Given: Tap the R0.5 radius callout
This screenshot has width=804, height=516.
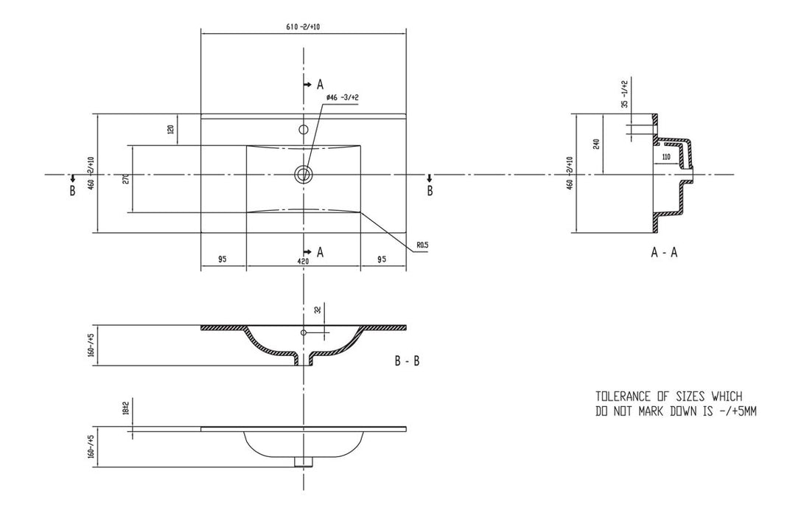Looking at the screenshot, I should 422,244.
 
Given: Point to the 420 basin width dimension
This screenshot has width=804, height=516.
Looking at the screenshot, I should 303,260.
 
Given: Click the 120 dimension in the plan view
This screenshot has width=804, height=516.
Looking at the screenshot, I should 171,130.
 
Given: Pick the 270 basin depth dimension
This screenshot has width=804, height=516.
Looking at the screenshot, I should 125,179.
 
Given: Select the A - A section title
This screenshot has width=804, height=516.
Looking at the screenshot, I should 664,253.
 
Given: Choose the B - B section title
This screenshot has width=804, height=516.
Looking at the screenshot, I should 408,361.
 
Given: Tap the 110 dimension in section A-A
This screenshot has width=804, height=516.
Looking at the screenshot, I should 665,157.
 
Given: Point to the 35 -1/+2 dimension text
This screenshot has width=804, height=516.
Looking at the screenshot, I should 624,94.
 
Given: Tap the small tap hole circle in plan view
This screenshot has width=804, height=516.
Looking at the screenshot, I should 303,130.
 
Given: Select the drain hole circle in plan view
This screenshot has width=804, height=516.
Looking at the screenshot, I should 303,175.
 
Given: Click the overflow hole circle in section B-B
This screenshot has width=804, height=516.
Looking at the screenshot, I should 303,333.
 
